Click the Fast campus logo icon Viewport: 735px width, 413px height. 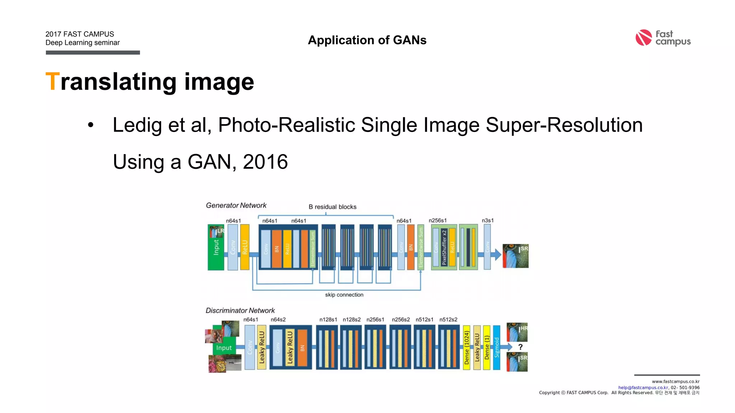point(643,38)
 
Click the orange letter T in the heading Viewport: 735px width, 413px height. point(52,81)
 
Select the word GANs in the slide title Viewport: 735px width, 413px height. point(409,40)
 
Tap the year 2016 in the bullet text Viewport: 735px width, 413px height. point(265,162)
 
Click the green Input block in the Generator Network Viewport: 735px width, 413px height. point(216,247)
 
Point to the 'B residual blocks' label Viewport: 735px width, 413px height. point(332,207)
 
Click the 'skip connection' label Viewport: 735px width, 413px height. point(344,295)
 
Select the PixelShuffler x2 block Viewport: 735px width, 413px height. point(444,247)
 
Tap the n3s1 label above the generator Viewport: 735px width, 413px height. point(487,220)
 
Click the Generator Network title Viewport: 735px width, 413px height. point(236,205)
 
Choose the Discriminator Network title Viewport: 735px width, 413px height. point(240,310)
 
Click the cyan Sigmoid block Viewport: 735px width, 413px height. point(497,347)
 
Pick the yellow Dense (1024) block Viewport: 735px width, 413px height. point(467,347)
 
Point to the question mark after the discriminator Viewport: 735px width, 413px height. point(520,347)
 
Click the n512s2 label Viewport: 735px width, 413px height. point(448,319)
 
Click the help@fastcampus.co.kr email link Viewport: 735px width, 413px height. point(643,388)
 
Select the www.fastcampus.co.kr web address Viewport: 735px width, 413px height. point(675,381)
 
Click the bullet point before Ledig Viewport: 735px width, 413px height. point(90,125)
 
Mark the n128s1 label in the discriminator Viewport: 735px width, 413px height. point(328,319)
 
